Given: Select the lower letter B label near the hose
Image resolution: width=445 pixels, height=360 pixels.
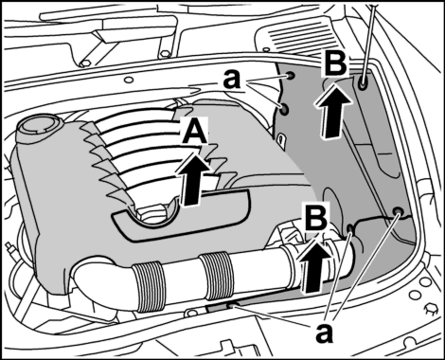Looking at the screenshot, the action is pyautogui.click(x=316, y=217).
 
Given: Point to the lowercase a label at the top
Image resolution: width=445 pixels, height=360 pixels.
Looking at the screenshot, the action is pyautogui.click(x=231, y=80).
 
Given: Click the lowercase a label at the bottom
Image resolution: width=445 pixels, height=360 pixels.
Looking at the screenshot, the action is pyautogui.click(x=324, y=333).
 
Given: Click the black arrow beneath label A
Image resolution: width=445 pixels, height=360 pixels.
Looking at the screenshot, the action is pyautogui.click(x=193, y=179).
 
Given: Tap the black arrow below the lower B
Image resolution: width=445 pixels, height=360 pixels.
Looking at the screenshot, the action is pyautogui.click(x=314, y=264).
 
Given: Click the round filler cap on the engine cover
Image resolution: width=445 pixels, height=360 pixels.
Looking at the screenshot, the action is pyautogui.click(x=37, y=125).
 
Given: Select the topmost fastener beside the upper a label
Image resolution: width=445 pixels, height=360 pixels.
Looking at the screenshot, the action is pyautogui.click(x=290, y=76).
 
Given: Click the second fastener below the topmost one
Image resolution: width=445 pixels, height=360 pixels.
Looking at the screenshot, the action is pyautogui.click(x=284, y=109).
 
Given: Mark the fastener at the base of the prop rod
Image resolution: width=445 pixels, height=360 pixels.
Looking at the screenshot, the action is pyautogui.click(x=363, y=82).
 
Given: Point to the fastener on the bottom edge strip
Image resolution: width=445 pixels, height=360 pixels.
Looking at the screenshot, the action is pyautogui.click(x=234, y=305).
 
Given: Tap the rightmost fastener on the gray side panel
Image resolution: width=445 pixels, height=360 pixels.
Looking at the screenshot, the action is pyautogui.click(x=398, y=211).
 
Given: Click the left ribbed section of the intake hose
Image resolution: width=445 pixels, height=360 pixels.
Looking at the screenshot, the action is pyautogui.click(x=149, y=286).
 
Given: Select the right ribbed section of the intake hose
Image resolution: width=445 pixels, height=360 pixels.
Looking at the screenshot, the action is pyautogui.click(x=216, y=276).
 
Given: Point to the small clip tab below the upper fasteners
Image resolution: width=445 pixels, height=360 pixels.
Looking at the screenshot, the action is pyautogui.click(x=281, y=139).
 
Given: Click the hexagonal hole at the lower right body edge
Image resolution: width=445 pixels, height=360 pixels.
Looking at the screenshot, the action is pyautogui.click(x=430, y=308).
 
